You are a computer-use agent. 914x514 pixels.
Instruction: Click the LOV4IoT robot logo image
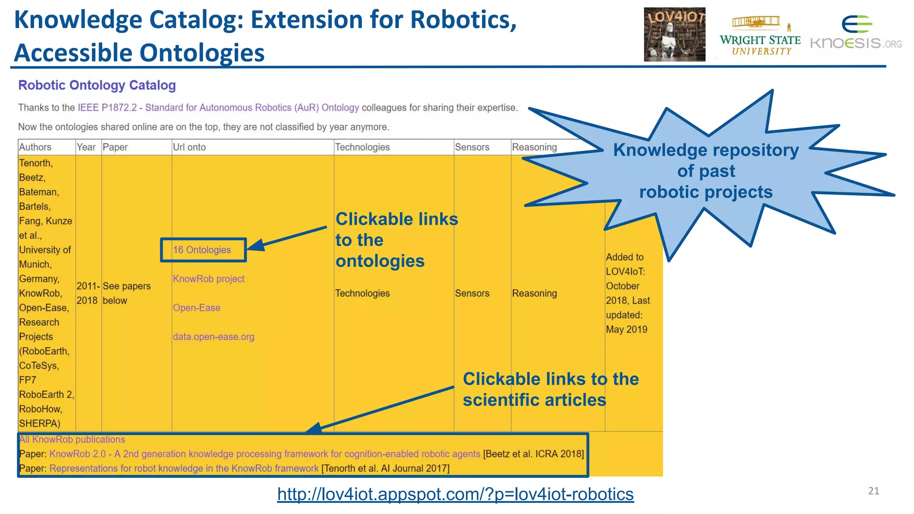click(x=674, y=34)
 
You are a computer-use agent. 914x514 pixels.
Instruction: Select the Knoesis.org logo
click(x=856, y=33)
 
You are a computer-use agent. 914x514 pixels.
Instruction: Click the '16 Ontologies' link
click(x=202, y=250)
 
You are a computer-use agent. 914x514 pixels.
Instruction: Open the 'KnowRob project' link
click(x=208, y=279)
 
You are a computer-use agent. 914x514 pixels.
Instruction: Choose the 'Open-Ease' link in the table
click(x=196, y=308)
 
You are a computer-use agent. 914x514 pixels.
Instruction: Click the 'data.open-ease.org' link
click(x=213, y=337)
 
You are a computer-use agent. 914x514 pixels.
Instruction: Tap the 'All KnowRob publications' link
click(x=72, y=439)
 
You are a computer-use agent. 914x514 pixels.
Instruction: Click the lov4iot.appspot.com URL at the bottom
click(x=455, y=494)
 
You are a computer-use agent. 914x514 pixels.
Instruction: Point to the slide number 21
click(x=873, y=491)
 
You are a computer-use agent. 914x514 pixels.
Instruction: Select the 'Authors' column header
click(x=35, y=147)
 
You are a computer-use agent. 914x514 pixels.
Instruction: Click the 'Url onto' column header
click(x=189, y=147)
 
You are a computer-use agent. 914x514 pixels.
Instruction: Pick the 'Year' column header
click(x=86, y=147)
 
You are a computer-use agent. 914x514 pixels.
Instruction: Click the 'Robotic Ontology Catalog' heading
click(x=97, y=85)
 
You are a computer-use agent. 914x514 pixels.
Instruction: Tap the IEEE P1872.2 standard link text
click(x=218, y=108)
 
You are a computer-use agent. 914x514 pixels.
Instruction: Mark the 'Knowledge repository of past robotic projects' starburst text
click(x=706, y=171)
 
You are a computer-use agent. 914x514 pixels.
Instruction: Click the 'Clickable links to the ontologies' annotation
click(x=396, y=240)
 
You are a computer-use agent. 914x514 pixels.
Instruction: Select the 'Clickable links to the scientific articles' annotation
click(x=550, y=390)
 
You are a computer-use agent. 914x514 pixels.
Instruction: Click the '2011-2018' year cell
click(x=87, y=293)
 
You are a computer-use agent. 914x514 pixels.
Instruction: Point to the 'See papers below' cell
click(x=126, y=293)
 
